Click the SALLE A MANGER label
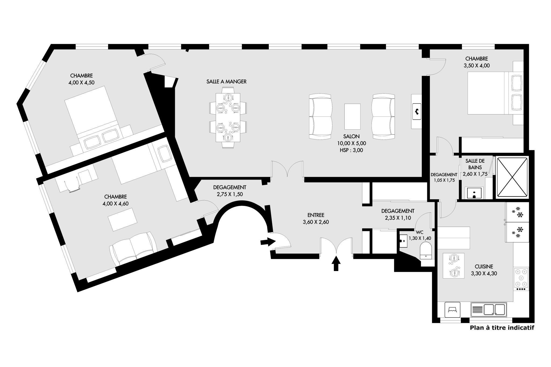tap(226, 82)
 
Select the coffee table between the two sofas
tap(352, 116)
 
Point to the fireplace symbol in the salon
tap(416, 111)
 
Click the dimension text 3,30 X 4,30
tap(484, 274)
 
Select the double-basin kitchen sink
tap(489, 309)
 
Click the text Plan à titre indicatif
tap(502, 328)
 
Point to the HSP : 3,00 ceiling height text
tap(351, 150)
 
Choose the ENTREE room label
tap(316, 215)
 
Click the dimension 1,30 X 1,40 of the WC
tap(420, 238)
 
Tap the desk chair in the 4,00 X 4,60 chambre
tap(72, 185)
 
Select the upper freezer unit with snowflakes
tap(517, 211)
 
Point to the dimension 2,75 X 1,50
tap(229, 194)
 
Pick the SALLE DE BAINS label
tap(475, 164)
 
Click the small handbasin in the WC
tap(403, 241)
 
